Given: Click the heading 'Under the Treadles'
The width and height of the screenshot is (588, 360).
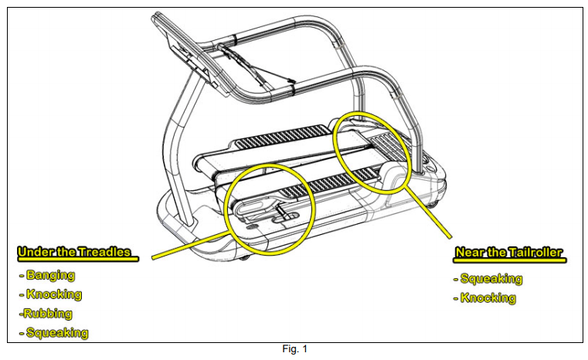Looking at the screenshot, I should click(74, 252).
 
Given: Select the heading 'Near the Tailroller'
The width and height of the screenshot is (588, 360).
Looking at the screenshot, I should click(510, 253).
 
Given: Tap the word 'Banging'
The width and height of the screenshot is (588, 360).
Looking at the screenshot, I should click(49, 274).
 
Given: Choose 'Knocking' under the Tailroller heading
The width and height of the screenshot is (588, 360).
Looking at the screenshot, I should click(488, 298).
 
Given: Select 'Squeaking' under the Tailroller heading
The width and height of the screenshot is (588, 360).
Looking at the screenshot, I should click(491, 279).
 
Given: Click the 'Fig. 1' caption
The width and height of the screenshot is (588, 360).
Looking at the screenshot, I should click(294, 349).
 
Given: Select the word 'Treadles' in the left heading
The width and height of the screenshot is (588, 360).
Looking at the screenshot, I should click(104, 252).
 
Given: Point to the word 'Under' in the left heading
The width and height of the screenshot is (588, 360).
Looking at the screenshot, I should click(34, 252).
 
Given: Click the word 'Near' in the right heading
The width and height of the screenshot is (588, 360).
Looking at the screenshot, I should click(472, 253).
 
